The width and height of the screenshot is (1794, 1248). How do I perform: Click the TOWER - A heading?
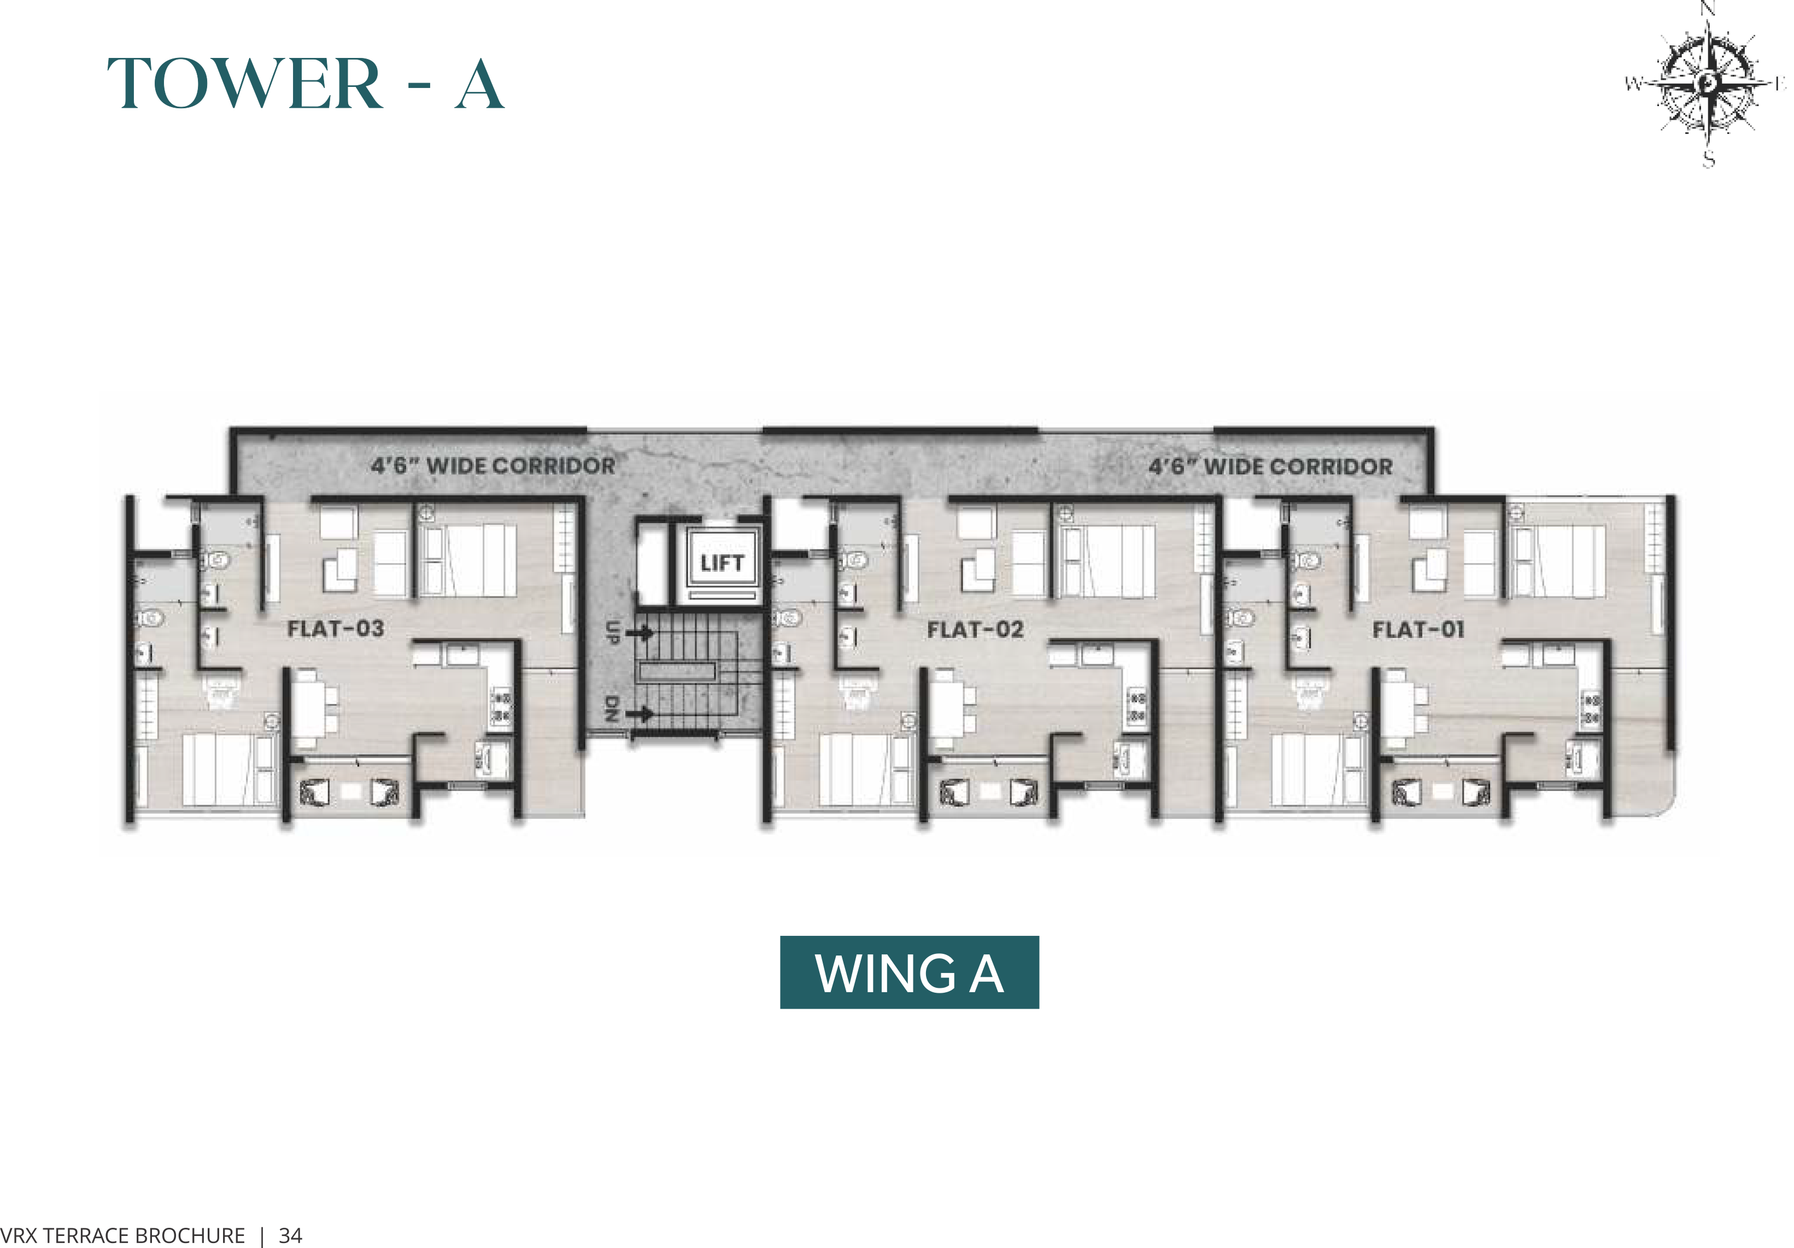point(306,84)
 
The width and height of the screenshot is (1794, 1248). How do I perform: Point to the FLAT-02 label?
point(975,629)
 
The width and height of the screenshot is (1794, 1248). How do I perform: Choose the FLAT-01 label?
point(1418,629)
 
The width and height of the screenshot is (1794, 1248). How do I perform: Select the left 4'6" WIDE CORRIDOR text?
point(493,466)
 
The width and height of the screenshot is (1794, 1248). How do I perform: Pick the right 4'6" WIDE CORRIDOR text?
point(1270,466)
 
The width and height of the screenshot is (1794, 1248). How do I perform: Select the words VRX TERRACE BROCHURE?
point(122,1235)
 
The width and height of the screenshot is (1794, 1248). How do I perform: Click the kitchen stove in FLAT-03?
point(501,706)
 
